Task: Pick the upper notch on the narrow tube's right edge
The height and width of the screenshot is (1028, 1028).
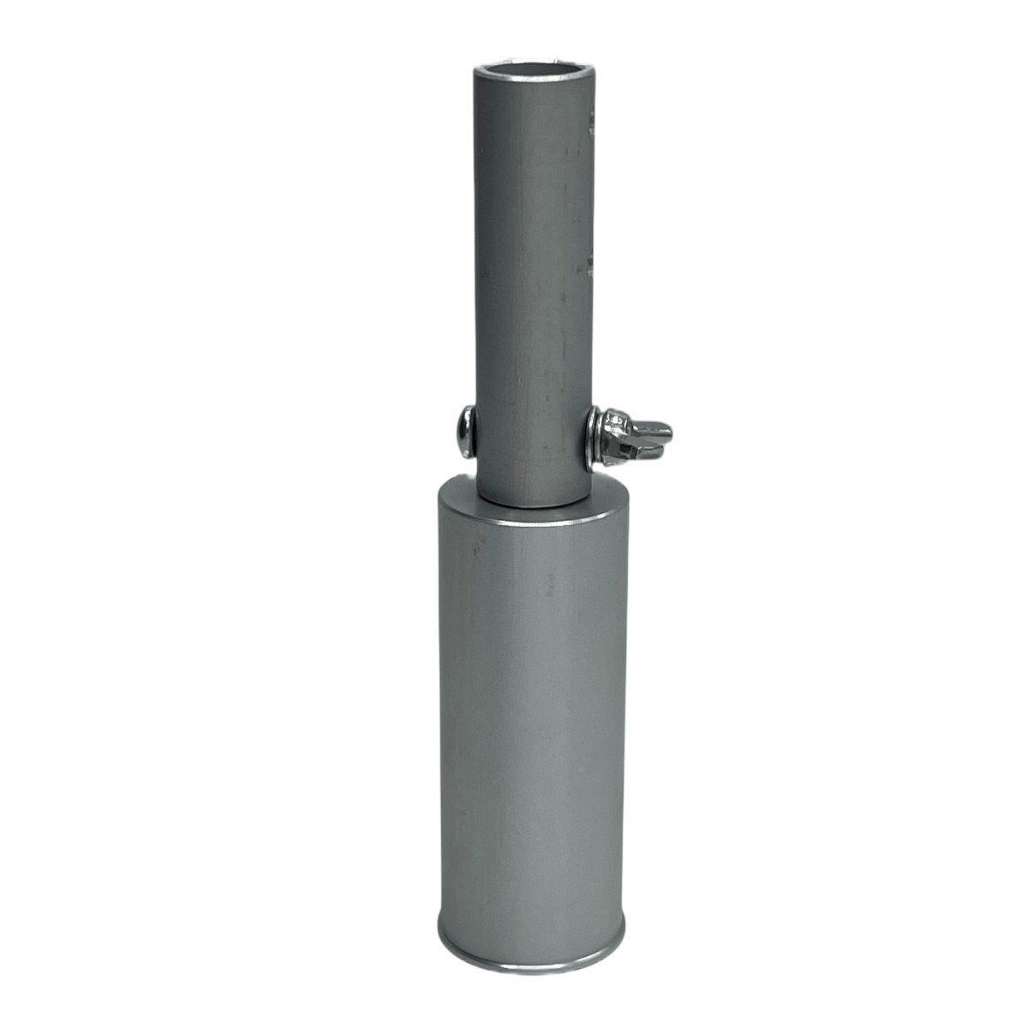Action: point(592,124)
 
